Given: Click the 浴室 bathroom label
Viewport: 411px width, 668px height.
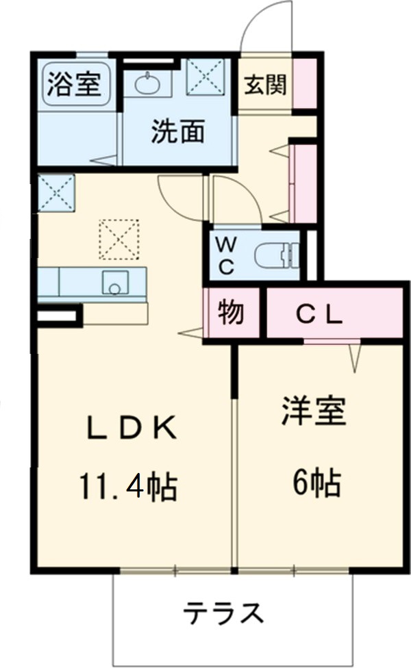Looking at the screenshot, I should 75,86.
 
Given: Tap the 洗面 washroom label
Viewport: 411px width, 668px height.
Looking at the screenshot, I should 177,132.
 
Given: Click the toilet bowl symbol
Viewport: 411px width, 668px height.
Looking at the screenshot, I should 277,257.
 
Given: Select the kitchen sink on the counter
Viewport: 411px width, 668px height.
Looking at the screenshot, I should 115,282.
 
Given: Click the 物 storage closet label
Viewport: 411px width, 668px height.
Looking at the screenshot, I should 232,313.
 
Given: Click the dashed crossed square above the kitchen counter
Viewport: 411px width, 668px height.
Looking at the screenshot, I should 119,240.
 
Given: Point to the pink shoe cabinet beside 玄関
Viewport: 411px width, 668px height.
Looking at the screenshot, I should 305,84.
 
